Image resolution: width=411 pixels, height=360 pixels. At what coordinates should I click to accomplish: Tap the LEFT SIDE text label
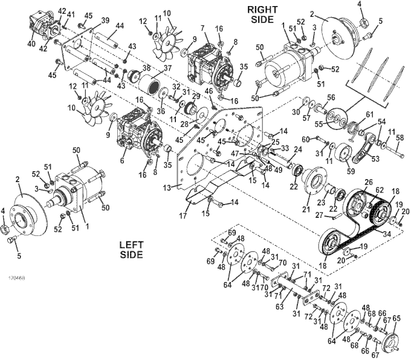click(132, 250)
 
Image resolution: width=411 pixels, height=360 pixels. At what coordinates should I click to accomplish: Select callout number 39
click(105, 20)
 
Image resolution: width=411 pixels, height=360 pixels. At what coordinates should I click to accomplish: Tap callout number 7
click(204, 28)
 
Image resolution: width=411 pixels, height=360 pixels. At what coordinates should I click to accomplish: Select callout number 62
click(379, 189)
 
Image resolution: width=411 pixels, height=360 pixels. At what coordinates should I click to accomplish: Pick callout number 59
click(351, 171)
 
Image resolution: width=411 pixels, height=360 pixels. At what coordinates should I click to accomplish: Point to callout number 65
click(396, 318)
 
